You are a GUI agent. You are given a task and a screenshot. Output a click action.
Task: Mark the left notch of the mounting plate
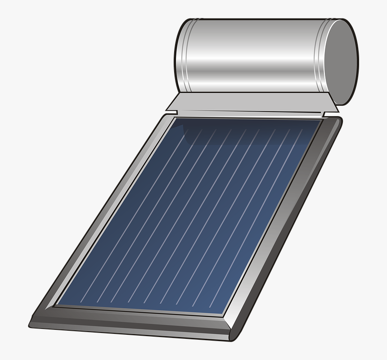point(173,107)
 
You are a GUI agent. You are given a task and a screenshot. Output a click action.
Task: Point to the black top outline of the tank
point(261,19)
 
